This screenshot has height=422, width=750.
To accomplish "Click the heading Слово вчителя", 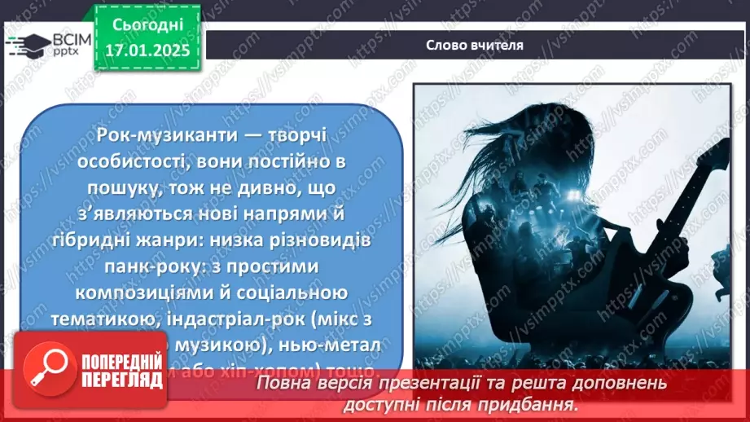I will coord(474,45).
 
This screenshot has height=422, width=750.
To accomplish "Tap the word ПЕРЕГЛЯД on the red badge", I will coord(115,380).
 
